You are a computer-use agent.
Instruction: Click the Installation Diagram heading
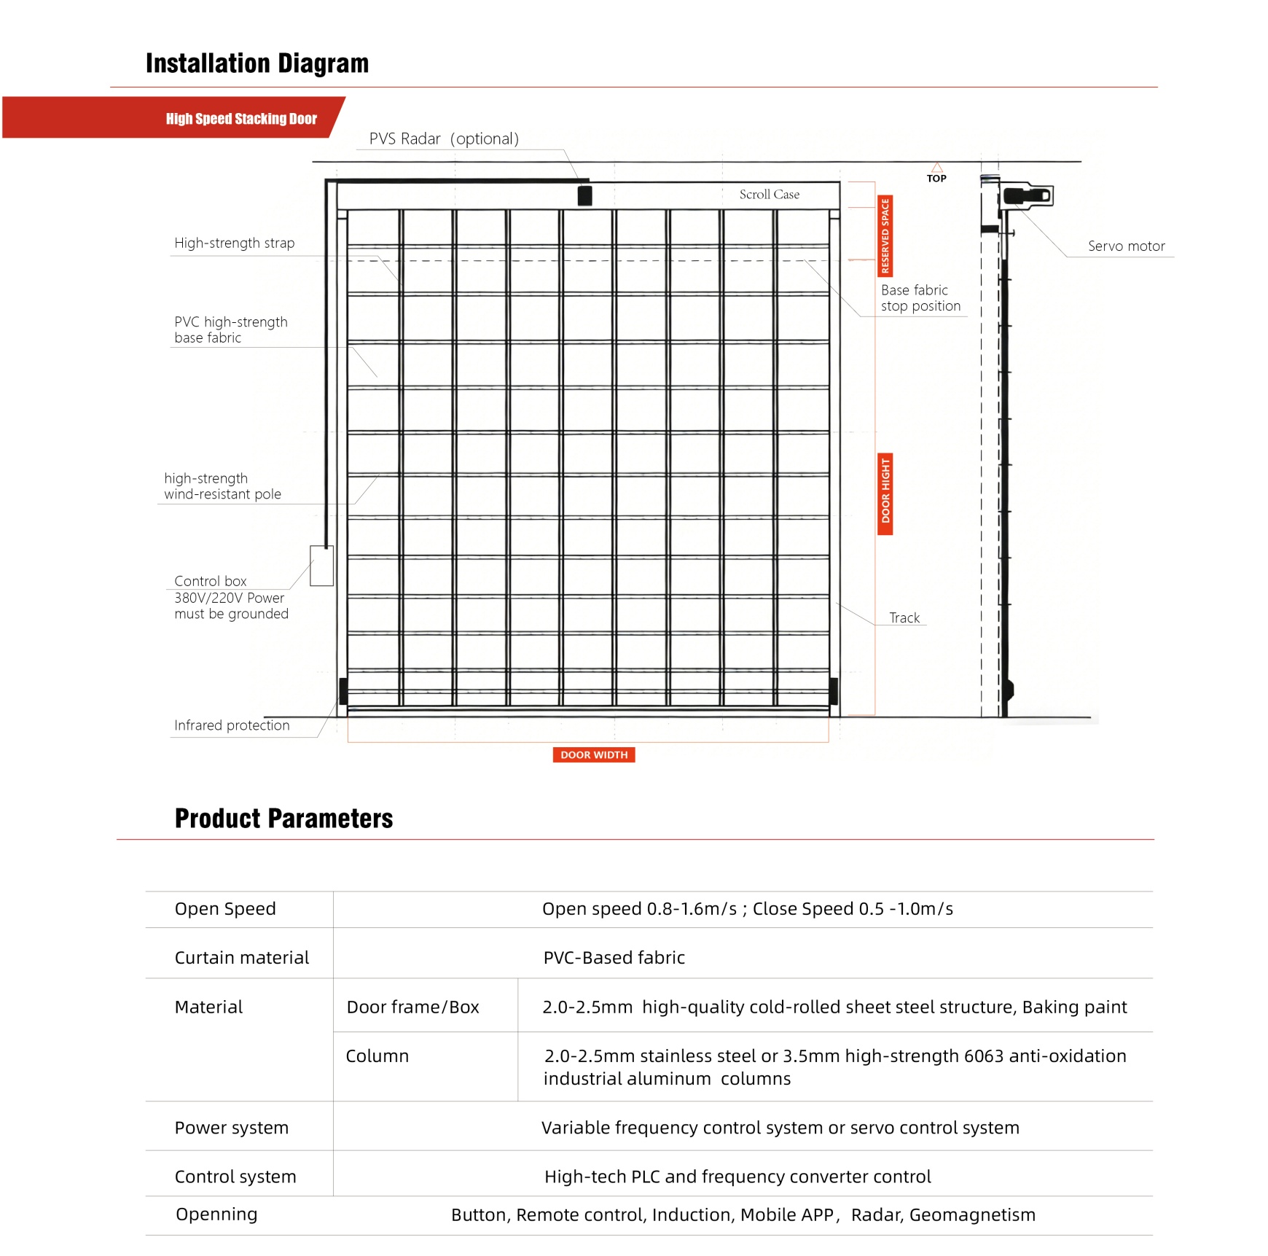(x=257, y=63)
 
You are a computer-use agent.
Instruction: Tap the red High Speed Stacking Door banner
(x=241, y=118)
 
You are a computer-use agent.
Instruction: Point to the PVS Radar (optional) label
(x=444, y=139)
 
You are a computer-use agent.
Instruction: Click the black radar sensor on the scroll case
(x=584, y=195)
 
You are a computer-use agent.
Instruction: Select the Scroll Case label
(x=769, y=195)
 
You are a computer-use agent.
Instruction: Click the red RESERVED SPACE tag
(x=885, y=235)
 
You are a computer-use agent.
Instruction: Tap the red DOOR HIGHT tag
(x=885, y=494)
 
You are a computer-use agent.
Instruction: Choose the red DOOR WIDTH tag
(x=594, y=754)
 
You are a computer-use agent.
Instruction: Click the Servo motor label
(x=1126, y=246)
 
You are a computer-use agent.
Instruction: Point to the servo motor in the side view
(x=1028, y=195)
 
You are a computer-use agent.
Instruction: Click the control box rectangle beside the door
(x=321, y=566)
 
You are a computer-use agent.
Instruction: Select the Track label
(x=904, y=618)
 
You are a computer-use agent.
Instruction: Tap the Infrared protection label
(x=232, y=725)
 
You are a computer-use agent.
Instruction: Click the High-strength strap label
(x=234, y=243)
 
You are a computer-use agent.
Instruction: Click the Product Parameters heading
(x=283, y=819)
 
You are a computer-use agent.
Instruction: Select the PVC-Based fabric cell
(x=614, y=958)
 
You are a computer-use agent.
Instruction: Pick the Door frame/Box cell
(x=412, y=1007)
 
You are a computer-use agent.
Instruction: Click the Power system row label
(x=231, y=1128)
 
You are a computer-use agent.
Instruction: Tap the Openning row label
(x=216, y=1214)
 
